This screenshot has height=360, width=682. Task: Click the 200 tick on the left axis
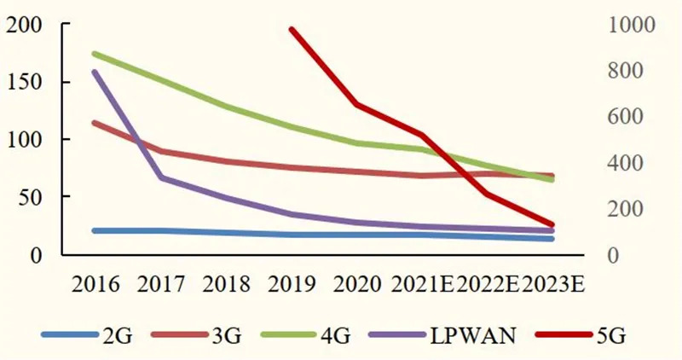pyautogui.click(x=23, y=25)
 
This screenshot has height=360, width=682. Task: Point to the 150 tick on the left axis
pyautogui.click(x=23, y=82)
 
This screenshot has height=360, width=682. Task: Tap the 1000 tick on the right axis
pyautogui.click(x=629, y=25)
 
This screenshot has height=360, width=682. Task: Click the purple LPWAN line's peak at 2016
pyautogui.click(x=95, y=72)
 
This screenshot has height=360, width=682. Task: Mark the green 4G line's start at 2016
pyautogui.click(x=95, y=54)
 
